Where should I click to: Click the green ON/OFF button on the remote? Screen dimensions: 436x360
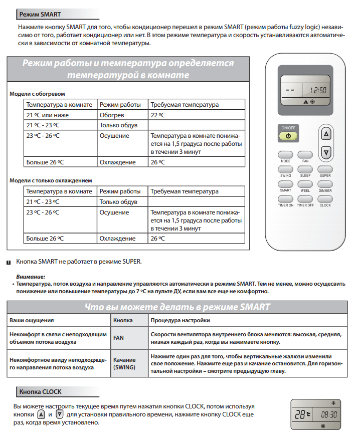(288, 135)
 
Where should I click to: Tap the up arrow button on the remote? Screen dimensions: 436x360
(326, 134)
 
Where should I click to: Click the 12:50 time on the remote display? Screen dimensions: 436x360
(317, 91)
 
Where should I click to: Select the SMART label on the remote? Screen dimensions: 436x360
(286, 190)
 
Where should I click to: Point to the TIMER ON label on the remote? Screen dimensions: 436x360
(286, 205)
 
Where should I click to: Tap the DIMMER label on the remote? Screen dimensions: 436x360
(325, 190)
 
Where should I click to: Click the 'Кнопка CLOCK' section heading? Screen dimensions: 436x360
(42, 391)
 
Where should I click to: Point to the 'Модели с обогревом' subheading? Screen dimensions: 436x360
(38, 94)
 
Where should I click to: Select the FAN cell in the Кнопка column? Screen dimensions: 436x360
(119, 338)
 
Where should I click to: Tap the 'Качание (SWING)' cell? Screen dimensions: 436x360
(124, 363)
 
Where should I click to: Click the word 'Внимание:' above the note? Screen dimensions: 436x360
(31, 276)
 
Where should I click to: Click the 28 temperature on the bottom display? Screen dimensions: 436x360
(300, 415)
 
